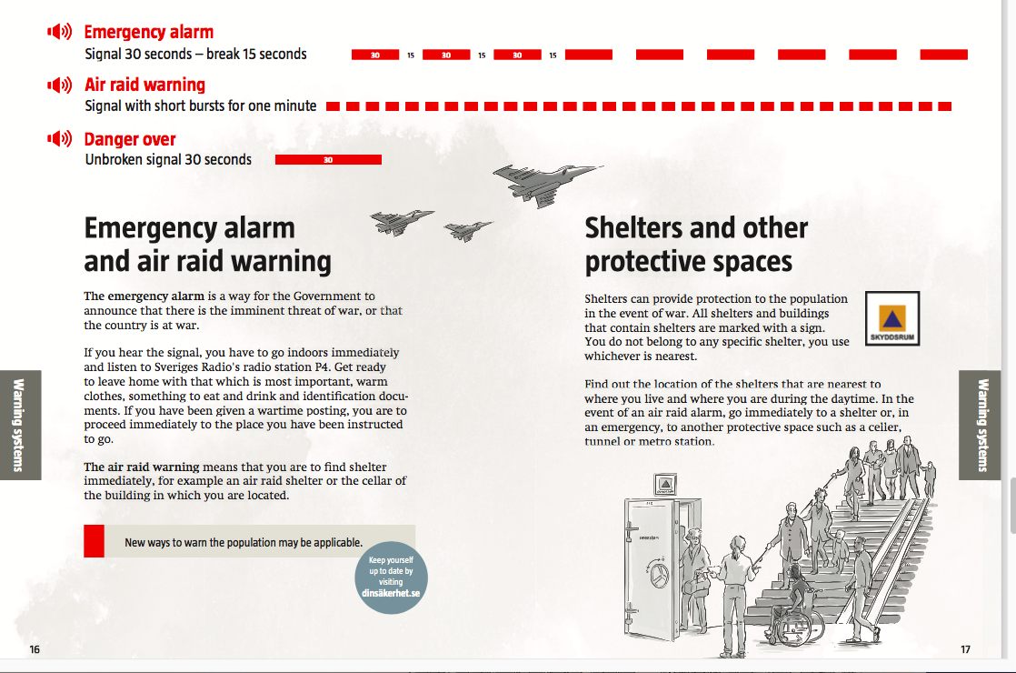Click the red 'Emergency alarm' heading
point(148,33)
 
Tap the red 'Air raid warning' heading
point(144,85)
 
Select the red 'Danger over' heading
point(130,139)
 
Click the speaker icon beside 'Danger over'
point(60,139)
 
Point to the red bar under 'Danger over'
point(328,160)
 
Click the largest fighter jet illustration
point(543,181)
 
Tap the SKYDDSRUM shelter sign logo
point(891,319)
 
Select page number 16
point(35,649)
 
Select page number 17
point(966,649)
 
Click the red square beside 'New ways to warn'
point(94,541)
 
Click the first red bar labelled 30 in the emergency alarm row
point(374,55)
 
